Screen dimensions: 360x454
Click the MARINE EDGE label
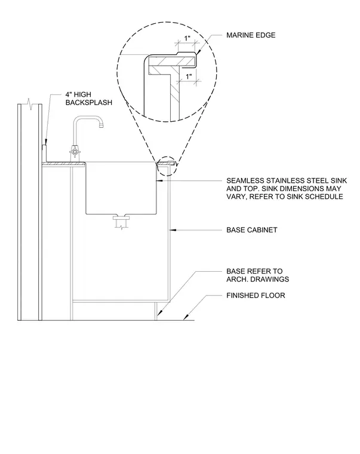(x=251, y=35)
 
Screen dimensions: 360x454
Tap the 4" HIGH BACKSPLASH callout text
(x=88, y=99)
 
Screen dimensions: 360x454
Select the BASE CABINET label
(x=252, y=230)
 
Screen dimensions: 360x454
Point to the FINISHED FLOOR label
(x=256, y=295)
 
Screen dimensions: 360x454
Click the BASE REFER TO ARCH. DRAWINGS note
(x=257, y=275)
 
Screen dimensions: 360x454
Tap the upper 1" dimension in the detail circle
(x=187, y=38)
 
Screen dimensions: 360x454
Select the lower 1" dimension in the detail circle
(x=189, y=76)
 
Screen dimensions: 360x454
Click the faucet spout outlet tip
(x=101, y=125)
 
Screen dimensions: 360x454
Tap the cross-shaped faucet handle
(x=75, y=151)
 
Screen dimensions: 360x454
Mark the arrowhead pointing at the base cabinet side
(x=173, y=230)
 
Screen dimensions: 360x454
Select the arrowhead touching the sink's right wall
(x=159, y=180)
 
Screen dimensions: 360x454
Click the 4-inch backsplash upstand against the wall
(x=44, y=154)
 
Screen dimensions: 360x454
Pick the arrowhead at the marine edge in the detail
(x=198, y=52)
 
